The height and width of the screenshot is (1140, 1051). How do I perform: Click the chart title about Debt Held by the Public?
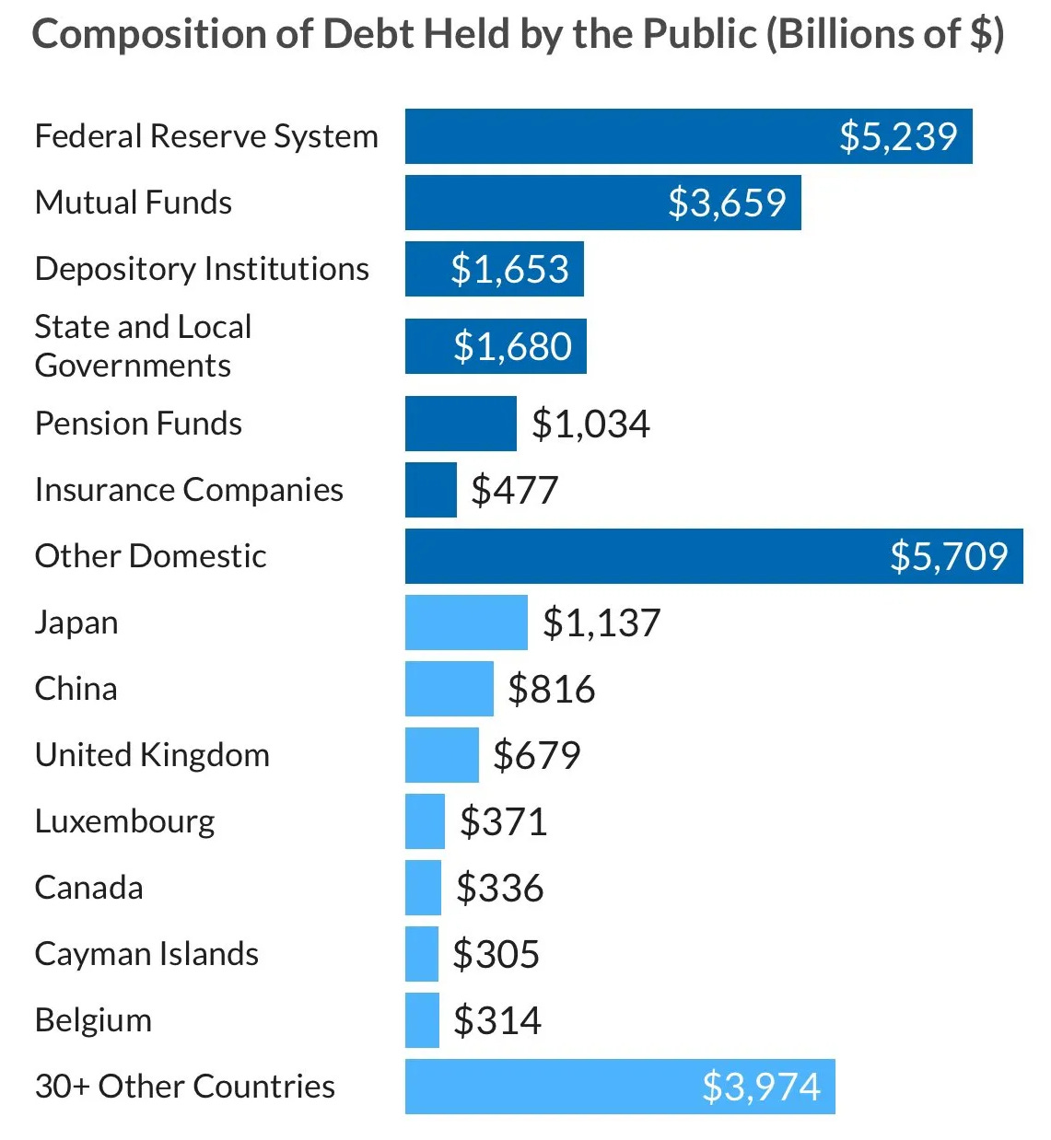point(518,35)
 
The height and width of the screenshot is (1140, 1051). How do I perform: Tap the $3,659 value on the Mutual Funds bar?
point(727,203)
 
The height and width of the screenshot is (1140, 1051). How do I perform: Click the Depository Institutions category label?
point(202,269)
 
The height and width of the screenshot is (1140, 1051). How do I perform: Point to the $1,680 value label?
point(512,346)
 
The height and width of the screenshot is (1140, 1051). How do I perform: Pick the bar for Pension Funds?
point(461,424)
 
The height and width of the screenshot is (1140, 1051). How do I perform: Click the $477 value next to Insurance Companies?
point(514,490)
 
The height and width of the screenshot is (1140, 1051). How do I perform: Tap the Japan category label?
point(76,622)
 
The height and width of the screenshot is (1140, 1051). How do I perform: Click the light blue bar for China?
point(449,689)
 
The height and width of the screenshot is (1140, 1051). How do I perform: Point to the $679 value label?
point(536,755)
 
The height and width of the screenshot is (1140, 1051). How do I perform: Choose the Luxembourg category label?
point(124,821)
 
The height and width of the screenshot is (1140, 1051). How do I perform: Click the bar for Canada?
point(423,888)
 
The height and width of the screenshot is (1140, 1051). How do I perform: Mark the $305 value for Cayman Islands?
point(496,954)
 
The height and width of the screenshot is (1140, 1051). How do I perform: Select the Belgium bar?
point(422,1020)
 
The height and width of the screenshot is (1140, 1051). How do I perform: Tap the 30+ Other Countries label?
point(184,1087)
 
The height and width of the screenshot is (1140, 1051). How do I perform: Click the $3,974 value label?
point(761,1087)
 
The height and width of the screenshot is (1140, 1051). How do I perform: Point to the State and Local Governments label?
point(143,346)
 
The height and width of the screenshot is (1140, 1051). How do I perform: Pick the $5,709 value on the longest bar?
point(949,556)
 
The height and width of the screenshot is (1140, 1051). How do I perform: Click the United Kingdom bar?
point(441,755)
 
